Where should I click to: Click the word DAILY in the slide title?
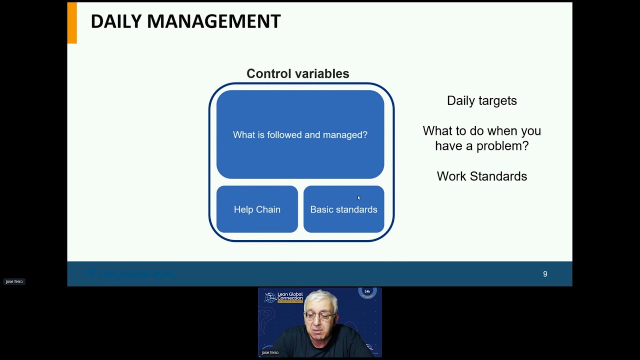tap(116, 21)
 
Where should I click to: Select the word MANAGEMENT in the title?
tap(213, 21)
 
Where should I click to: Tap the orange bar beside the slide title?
tap(72, 23)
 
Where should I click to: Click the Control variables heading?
tap(297, 74)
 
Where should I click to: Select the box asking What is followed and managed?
tap(300, 134)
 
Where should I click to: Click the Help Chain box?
tap(257, 209)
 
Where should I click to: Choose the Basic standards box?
tap(343, 209)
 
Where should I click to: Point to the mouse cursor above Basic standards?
tap(358, 198)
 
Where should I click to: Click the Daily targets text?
tap(481, 100)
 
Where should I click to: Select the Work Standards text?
tap(481, 176)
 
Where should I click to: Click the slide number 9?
tap(545, 274)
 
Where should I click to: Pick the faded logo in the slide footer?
tap(130, 274)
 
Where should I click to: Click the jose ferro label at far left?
tap(14, 281)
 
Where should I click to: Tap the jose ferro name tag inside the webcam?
tap(270, 352)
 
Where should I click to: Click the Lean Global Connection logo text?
tap(290, 296)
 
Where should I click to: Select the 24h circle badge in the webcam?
tap(367, 292)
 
